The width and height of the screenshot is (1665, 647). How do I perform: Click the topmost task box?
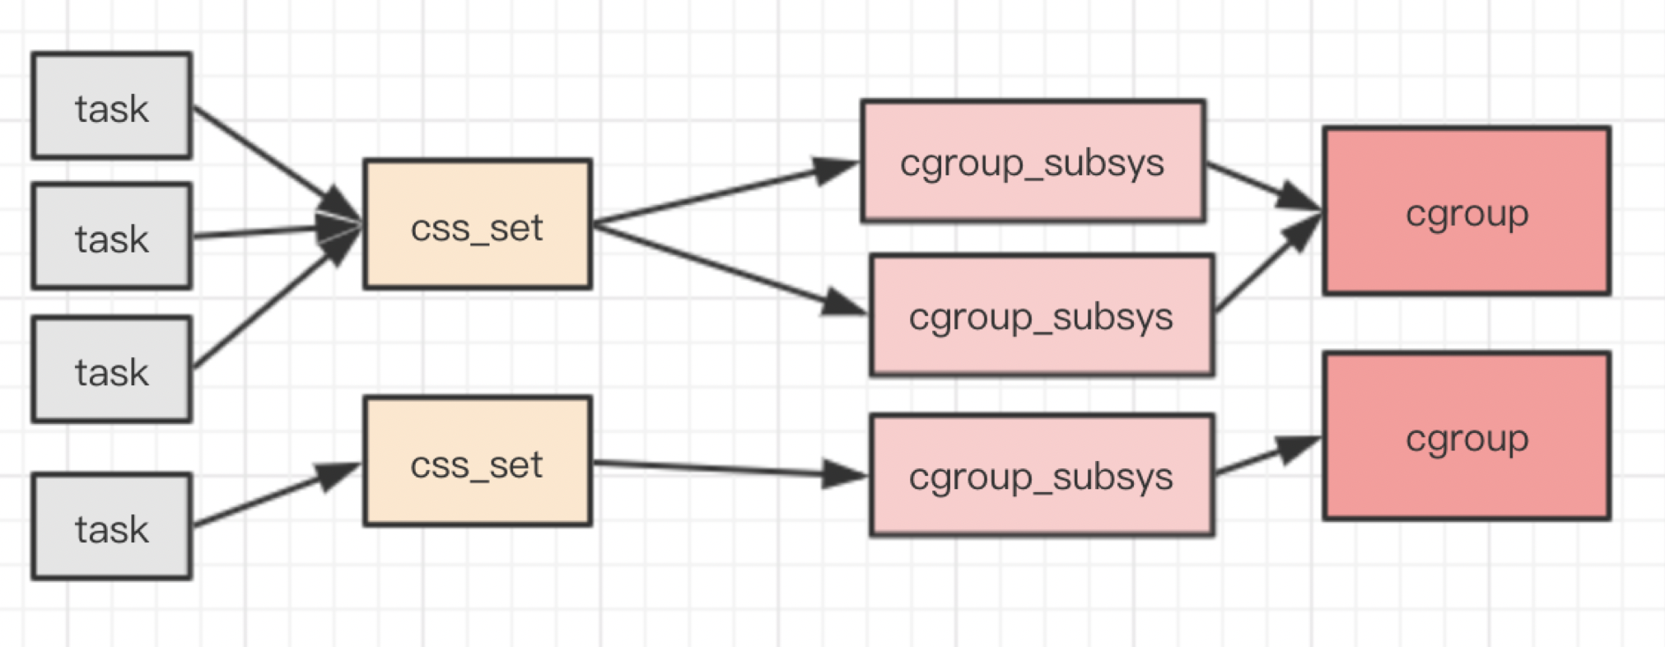tap(112, 105)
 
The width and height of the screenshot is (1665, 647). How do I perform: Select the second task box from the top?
tap(112, 236)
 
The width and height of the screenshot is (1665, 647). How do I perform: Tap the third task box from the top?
tap(112, 370)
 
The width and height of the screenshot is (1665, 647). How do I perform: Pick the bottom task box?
tap(112, 527)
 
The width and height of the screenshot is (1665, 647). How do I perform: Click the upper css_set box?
tap(478, 224)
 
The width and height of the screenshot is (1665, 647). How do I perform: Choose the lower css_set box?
tap(478, 461)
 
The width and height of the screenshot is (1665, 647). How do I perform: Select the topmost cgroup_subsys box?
tap(1033, 161)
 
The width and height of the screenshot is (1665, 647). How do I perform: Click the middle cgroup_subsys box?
tap(1042, 315)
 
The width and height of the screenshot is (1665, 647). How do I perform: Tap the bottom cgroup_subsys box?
tap(1042, 476)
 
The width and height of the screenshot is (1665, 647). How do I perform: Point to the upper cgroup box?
tap(1467, 211)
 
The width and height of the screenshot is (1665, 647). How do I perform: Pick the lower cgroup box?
tap(1467, 436)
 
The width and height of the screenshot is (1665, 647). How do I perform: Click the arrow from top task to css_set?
tap(277, 164)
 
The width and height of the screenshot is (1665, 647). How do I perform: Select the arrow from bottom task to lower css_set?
tap(277, 495)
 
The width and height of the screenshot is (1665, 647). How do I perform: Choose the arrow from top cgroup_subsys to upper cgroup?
tap(1265, 187)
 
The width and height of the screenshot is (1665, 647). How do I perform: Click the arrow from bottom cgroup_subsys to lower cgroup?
tap(1269, 455)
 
